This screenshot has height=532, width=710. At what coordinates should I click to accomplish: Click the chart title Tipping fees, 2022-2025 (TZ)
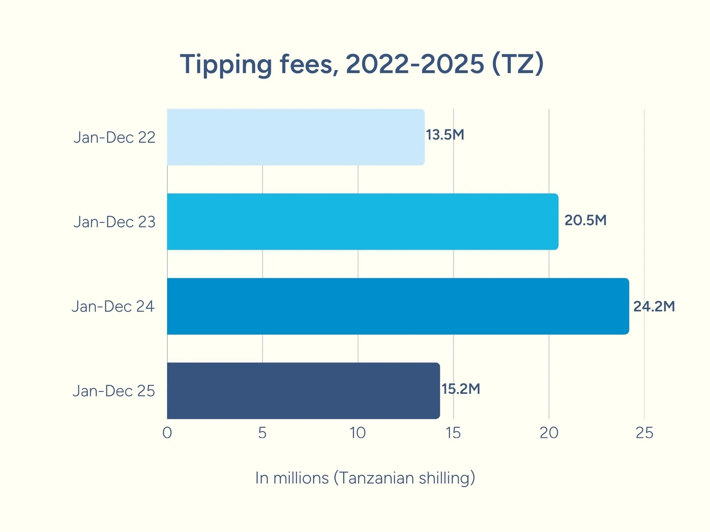point(362,64)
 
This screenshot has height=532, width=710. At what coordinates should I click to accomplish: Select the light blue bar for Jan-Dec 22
point(295,137)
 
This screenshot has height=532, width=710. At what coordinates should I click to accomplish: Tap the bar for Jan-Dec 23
point(363,222)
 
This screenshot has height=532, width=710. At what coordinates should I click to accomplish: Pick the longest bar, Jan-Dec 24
point(398,306)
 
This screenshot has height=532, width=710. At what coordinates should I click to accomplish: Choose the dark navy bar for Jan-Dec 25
point(303,390)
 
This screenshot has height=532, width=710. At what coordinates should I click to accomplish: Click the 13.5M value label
point(445,135)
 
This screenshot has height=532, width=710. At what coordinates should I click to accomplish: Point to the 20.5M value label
point(585,220)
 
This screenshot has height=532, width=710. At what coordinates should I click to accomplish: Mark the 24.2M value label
point(654,306)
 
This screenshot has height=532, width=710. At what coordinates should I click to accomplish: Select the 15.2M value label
point(461,389)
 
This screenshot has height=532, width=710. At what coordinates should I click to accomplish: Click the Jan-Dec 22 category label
point(114,138)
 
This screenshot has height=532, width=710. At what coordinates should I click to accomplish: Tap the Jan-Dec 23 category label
point(114,222)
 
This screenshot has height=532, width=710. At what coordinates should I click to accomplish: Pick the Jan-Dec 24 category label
point(113,306)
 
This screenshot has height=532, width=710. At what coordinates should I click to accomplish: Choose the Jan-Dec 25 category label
point(114,391)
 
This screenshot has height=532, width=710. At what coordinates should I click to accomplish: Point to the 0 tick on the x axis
point(167,433)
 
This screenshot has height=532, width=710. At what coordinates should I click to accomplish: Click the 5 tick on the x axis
point(262,433)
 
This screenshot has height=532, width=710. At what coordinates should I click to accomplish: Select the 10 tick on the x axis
point(357,433)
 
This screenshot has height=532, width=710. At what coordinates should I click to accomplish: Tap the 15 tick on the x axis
point(453,433)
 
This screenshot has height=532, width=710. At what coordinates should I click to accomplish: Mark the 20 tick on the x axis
point(549,433)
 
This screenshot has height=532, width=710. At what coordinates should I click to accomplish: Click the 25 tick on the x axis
point(644,433)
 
